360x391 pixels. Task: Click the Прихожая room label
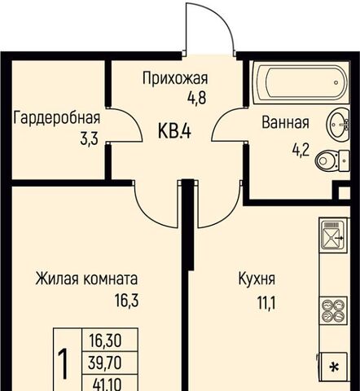tap(175, 78)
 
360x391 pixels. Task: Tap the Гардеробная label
tap(57, 118)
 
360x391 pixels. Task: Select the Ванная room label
tap(285, 122)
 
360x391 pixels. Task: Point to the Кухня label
tap(257, 279)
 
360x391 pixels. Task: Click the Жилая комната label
tap(86, 279)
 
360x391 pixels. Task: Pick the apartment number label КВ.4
tap(174, 131)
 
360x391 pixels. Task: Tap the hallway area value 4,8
tap(197, 98)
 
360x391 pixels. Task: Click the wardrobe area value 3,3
tap(89, 139)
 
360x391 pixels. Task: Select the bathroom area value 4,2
tap(301, 150)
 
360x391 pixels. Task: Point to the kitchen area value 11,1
tap(266, 303)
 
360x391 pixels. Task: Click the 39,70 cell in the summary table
tap(104, 362)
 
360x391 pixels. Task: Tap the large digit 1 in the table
tap(64, 364)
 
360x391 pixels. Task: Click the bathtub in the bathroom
tap(301, 82)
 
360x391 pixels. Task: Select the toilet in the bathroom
tap(332, 160)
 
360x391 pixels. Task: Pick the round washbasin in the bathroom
tap(338, 125)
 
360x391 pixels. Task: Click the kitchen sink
tap(333, 235)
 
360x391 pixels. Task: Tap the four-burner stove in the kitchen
tap(333, 310)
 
